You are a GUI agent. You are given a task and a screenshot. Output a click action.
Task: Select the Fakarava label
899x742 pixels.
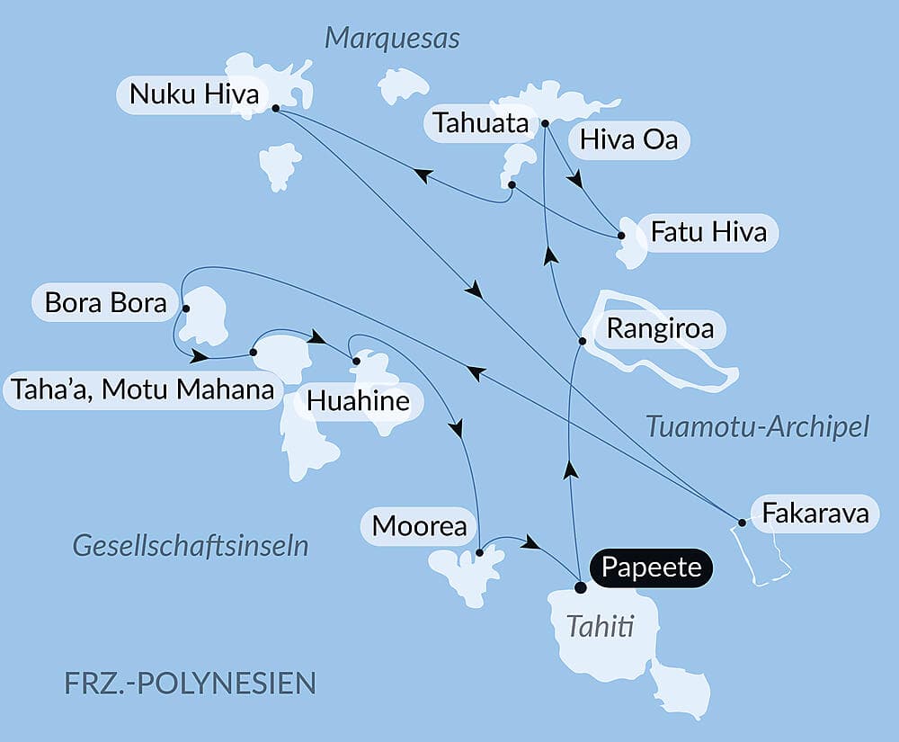814,514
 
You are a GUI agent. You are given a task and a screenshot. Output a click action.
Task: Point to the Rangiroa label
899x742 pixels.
660,328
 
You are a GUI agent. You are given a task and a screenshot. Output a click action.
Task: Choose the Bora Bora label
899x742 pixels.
105,303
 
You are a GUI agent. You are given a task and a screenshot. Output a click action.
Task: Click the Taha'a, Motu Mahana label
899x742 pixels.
141,390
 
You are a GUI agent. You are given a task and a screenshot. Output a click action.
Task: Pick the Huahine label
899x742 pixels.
358,402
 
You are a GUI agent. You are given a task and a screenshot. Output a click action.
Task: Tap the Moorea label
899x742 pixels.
419,526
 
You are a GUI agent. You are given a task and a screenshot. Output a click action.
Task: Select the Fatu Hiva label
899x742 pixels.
708,232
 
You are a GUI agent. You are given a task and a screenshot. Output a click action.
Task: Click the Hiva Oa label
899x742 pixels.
622,140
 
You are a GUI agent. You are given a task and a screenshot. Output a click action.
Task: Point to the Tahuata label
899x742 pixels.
480,123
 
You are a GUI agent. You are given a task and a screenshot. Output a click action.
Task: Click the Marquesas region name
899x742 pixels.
392,39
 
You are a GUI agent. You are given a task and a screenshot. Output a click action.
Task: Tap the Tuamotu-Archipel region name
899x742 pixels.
757,427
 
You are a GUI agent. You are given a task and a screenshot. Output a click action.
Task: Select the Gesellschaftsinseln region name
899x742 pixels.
191,545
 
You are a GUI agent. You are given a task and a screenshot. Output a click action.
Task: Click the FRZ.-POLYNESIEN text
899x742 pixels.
191,683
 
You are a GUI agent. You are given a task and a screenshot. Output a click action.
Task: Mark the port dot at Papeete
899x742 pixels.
581,587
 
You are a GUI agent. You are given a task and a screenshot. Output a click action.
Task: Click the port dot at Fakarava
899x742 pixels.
742,522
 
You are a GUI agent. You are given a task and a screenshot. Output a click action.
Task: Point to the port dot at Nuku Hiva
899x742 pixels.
274,108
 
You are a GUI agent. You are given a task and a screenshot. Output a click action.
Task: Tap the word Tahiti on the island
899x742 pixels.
600,626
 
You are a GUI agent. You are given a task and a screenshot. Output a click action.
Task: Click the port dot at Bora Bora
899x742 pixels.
185,308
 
